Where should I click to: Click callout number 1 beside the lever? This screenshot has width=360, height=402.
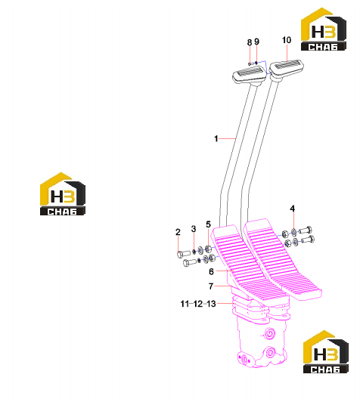(216, 139)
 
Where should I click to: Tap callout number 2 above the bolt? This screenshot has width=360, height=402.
(178, 232)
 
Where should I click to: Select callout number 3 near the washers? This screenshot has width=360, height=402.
(194, 229)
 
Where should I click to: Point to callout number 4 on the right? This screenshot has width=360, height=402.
(292, 209)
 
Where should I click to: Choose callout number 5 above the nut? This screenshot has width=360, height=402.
(208, 224)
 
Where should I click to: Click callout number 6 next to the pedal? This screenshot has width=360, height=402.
(211, 271)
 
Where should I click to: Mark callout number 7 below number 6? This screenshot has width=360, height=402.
(211, 286)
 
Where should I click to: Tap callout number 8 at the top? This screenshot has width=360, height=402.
(250, 42)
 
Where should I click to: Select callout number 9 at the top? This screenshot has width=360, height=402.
(256, 42)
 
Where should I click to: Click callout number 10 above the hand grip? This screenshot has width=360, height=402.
(287, 40)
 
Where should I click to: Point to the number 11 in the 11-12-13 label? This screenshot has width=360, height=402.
(185, 304)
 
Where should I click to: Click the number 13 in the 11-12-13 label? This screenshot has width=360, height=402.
(211, 304)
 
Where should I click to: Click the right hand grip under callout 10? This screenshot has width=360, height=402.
(286, 68)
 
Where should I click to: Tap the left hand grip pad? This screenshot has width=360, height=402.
(249, 76)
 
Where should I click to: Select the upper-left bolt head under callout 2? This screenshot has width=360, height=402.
(184, 254)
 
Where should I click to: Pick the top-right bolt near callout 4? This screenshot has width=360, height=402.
(306, 230)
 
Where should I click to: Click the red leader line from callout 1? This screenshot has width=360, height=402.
(228, 139)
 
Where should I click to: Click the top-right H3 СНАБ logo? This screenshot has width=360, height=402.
(323, 29)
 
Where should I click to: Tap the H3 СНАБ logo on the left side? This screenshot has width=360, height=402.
(63, 193)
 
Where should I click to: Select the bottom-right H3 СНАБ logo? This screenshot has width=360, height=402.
(326, 352)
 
